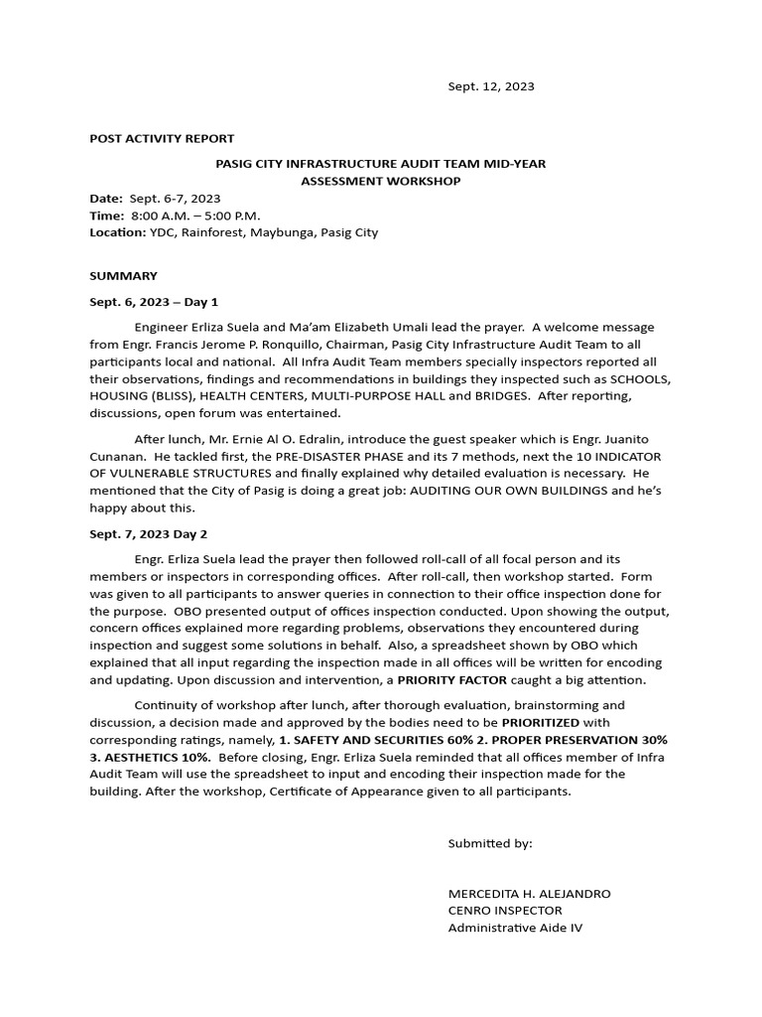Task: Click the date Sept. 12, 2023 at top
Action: [490, 86]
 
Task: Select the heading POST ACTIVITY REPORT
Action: [162, 138]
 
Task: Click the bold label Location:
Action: [118, 232]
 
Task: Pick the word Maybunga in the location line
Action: [285, 232]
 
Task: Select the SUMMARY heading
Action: [123, 275]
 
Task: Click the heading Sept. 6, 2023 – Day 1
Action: [154, 301]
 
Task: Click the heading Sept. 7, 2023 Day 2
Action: [149, 533]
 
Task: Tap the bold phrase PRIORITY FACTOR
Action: [451, 680]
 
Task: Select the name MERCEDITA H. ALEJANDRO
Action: [529, 893]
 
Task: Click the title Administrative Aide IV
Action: [516, 928]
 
